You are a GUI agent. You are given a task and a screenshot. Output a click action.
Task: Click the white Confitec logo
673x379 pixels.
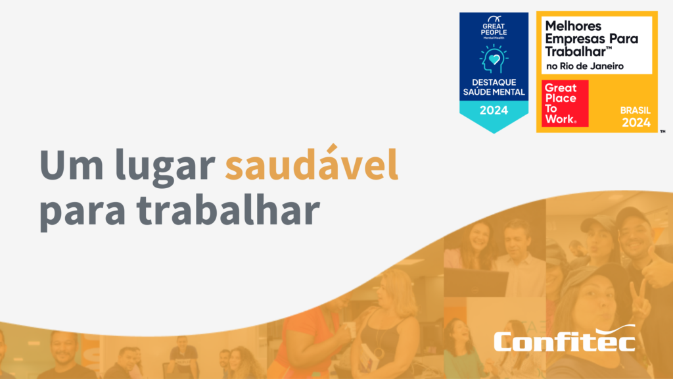[564, 340]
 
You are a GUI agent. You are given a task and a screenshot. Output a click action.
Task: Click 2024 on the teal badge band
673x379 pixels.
[493, 111]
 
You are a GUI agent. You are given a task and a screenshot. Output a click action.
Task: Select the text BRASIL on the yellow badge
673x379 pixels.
[636, 111]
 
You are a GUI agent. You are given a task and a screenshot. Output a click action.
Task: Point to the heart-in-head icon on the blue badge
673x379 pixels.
[493, 61]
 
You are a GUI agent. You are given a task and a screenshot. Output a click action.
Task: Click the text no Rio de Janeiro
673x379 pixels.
[584, 66]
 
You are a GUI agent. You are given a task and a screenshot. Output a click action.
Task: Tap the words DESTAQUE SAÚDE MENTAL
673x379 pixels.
[493, 87]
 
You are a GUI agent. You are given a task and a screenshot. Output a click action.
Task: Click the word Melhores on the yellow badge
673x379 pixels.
[574, 26]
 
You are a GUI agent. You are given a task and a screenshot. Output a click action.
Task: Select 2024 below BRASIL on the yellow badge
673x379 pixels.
[636, 122]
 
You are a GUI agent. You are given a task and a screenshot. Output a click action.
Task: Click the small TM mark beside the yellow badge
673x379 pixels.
[662, 132]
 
